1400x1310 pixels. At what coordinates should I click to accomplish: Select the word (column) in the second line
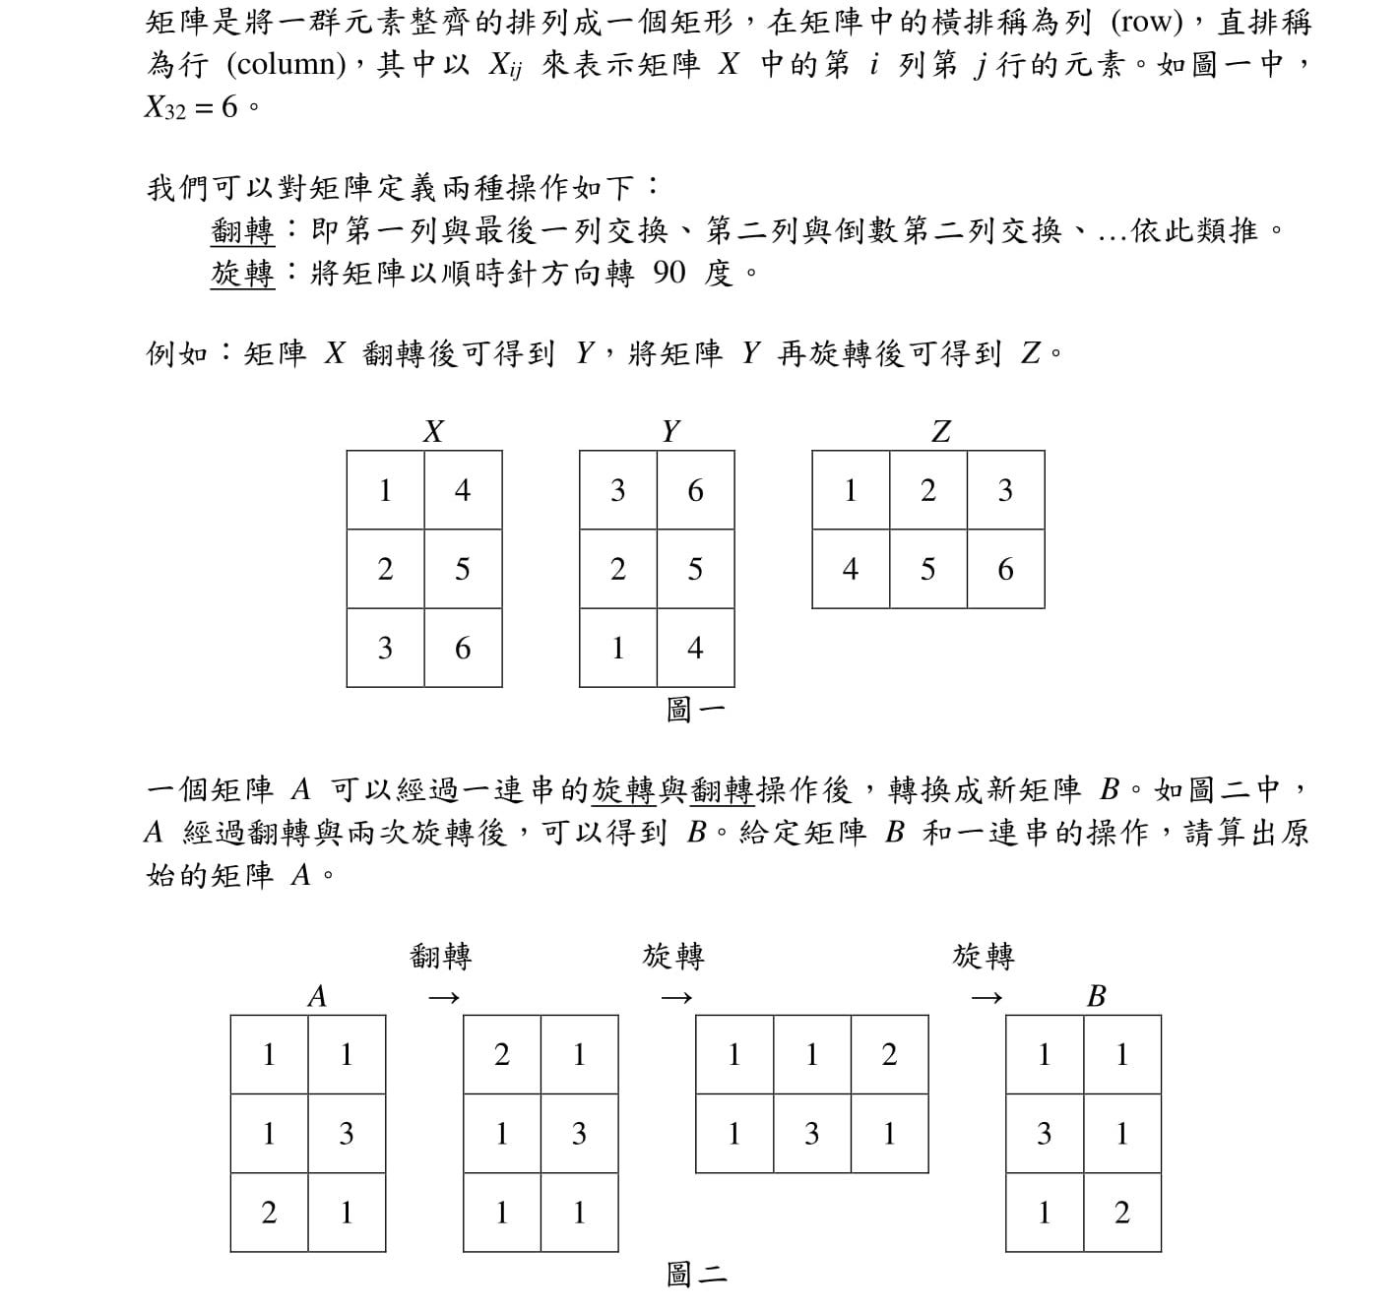pyautogui.click(x=286, y=65)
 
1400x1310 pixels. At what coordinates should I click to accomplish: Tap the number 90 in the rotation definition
pyautogui.click(x=668, y=273)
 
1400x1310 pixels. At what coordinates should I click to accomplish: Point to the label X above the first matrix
pyautogui.click(x=433, y=431)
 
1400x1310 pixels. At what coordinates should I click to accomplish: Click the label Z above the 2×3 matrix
pyautogui.click(x=941, y=431)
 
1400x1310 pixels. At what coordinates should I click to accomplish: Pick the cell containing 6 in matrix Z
pyautogui.click(x=1005, y=569)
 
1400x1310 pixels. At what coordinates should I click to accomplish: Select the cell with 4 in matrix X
pyautogui.click(x=463, y=490)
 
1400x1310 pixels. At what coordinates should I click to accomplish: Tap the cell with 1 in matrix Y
pyautogui.click(x=618, y=648)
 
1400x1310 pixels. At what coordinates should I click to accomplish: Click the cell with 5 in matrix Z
pyautogui.click(x=927, y=569)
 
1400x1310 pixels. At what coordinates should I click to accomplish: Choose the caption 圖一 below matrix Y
pyautogui.click(x=695, y=710)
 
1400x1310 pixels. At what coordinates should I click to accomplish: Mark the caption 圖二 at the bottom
pyautogui.click(x=696, y=1276)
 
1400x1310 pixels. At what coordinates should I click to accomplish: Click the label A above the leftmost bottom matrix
pyautogui.click(x=317, y=997)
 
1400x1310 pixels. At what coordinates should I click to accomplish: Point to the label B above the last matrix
pyautogui.click(x=1096, y=997)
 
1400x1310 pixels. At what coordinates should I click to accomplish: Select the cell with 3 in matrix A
pyautogui.click(x=347, y=1134)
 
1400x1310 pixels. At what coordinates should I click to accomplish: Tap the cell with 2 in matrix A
pyautogui.click(x=269, y=1213)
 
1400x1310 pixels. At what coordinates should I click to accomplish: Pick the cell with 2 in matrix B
pyautogui.click(x=1122, y=1213)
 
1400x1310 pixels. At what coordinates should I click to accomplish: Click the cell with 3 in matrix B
pyautogui.click(x=1045, y=1134)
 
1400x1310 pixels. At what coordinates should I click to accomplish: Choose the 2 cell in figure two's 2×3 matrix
pyautogui.click(x=889, y=1055)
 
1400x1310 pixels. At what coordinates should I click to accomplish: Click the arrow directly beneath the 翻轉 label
pyautogui.click(x=443, y=998)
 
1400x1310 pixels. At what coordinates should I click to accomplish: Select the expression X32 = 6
pyautogui.click(x=192, y=107)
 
